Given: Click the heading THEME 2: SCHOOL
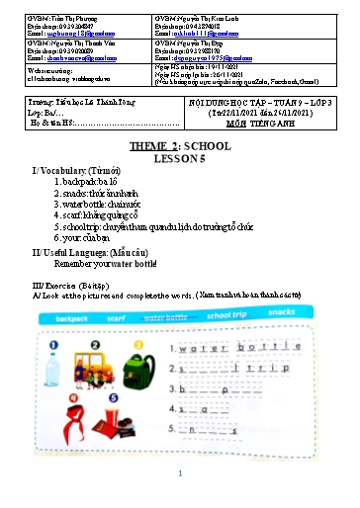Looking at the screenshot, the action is pyautogui.click(x=179, y=146).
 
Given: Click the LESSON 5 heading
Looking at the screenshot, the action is pyautogui.click(x=179, y=156).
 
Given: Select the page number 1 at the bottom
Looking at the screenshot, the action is pyautogui.click(x=179, y=474).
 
